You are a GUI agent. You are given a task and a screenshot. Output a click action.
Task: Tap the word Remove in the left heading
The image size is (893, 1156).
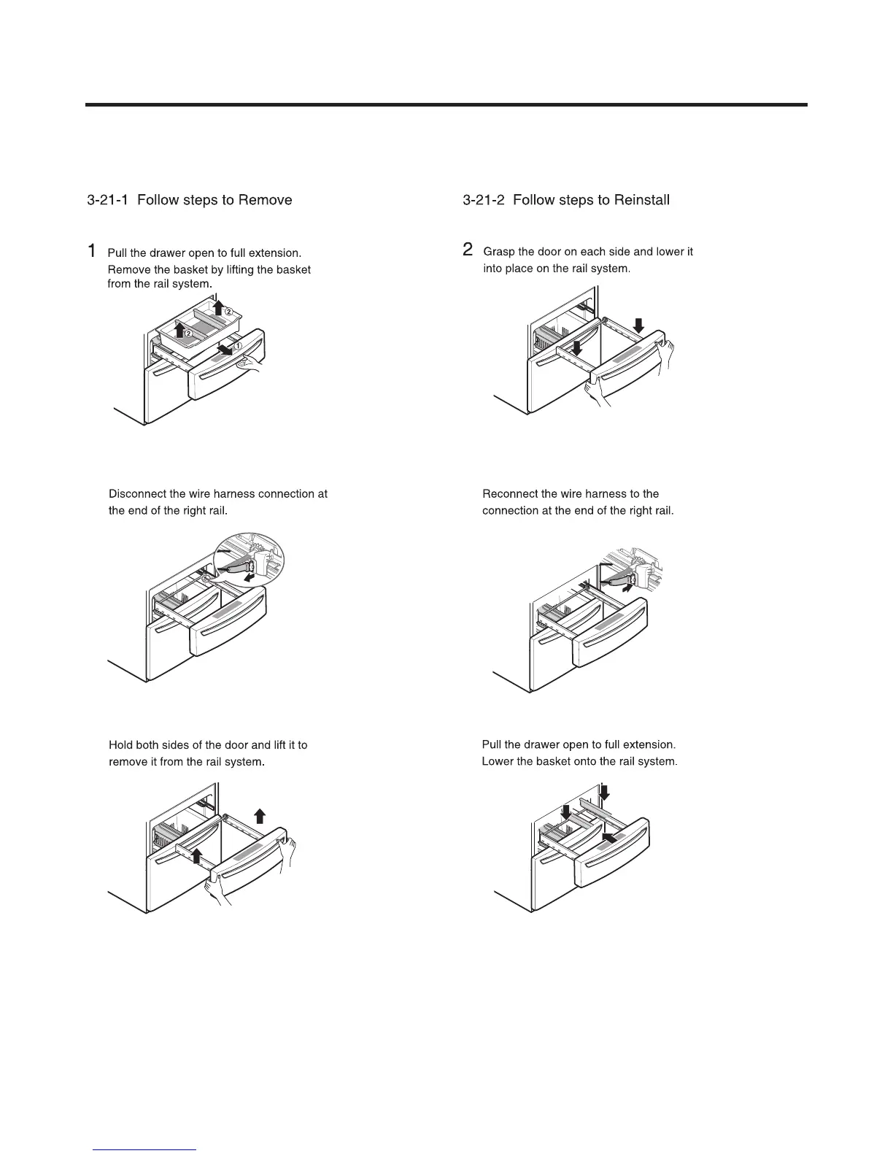(x=265, y=200)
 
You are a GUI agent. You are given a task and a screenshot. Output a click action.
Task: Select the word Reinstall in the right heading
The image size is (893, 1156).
(x=641, y=200)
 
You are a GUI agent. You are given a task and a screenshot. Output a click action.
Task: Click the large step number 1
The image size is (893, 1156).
(x=92, y=251)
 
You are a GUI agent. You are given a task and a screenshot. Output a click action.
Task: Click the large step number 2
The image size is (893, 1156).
(x=468, y=250)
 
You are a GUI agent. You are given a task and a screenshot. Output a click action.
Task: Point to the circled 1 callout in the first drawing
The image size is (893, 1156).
(x=237, y=346)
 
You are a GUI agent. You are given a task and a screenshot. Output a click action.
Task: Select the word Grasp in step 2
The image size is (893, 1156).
(x=499, y=252)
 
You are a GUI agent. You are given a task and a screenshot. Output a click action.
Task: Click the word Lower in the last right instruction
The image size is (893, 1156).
(x=498, y=762)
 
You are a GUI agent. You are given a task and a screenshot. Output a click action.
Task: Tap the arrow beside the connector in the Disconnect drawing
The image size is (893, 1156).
(x=250, y=577)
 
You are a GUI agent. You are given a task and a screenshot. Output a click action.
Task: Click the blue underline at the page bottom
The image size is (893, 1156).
(x=144, y=1149)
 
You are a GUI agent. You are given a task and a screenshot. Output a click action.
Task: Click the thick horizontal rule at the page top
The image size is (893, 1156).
(x=446, y=105)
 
